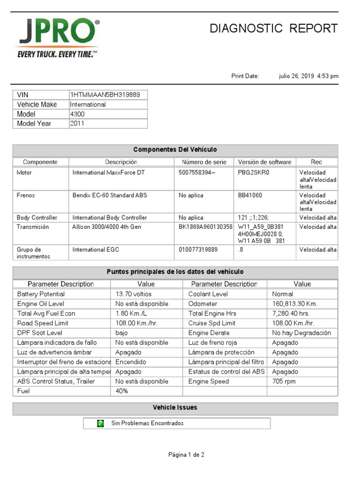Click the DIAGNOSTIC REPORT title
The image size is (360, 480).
click(273, 29)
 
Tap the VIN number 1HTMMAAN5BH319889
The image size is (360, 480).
click(105, 95)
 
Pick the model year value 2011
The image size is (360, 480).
click(77, 124)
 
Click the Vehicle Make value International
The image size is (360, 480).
click(88, 105)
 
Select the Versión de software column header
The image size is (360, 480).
click(264, 162)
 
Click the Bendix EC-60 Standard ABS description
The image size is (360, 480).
click(110, 195)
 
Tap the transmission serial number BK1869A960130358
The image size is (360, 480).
click(206, 227)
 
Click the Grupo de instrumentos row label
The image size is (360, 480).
click(33, 253)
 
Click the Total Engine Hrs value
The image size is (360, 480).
click(291, 313)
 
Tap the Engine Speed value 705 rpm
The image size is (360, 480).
click(284, 382)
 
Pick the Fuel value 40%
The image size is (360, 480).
click(122, 391)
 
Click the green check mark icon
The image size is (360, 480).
click(100, 423)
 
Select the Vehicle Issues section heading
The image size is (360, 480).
click(175, 408)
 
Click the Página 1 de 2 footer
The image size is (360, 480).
click(186, 455)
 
